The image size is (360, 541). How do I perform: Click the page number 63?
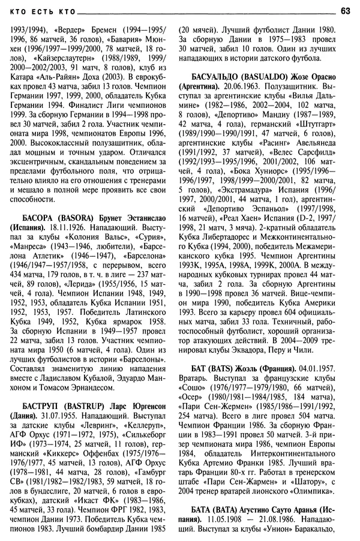tap(346, 10)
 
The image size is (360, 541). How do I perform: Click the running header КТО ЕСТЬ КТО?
tap(38, 10)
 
